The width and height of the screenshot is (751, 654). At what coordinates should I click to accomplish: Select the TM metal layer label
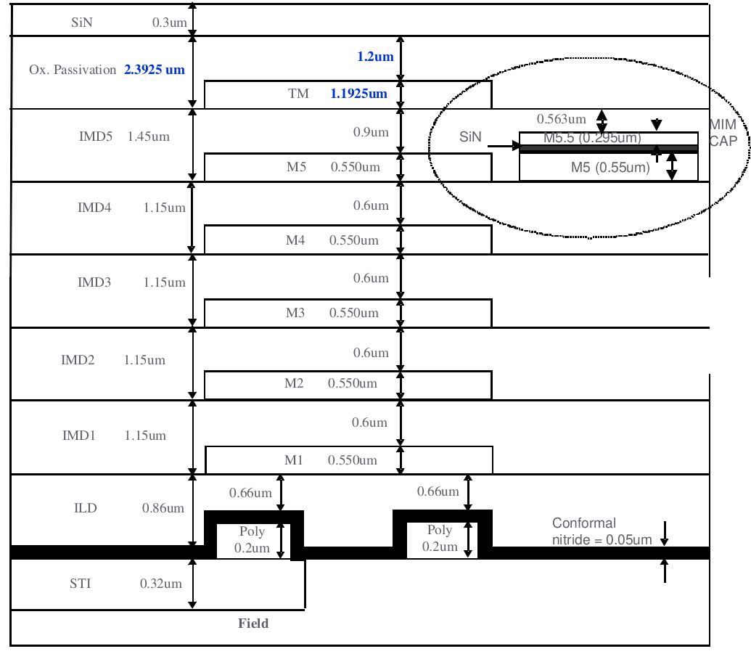(298, 94)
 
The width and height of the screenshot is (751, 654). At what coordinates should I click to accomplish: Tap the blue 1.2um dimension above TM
(374, 56)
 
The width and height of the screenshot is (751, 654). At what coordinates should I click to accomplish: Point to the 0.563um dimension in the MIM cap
(561, 118)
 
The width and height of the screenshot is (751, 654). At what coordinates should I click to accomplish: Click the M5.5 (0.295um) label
(592, 138)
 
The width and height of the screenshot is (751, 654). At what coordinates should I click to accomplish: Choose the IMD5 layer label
(95, 136)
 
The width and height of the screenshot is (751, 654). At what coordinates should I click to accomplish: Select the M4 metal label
(295, 240)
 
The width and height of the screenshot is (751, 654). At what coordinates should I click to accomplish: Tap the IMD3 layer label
(94, 282)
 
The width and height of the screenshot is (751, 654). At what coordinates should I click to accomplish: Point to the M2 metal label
(294, 383)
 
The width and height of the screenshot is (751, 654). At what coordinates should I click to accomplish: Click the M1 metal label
(294, 460)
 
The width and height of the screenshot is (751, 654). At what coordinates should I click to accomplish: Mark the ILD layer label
(86, 508)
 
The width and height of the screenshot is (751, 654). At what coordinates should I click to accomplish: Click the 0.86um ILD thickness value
(163, 508)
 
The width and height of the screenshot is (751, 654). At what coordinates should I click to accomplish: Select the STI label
(80, 583)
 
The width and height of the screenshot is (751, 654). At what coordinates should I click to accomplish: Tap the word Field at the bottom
(253, 624)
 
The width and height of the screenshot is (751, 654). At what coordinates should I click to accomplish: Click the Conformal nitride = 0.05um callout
(602, 531)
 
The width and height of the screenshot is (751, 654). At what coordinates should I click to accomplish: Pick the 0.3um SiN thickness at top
(169, 23)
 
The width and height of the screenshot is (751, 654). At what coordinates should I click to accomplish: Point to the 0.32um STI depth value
(161, 583)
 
